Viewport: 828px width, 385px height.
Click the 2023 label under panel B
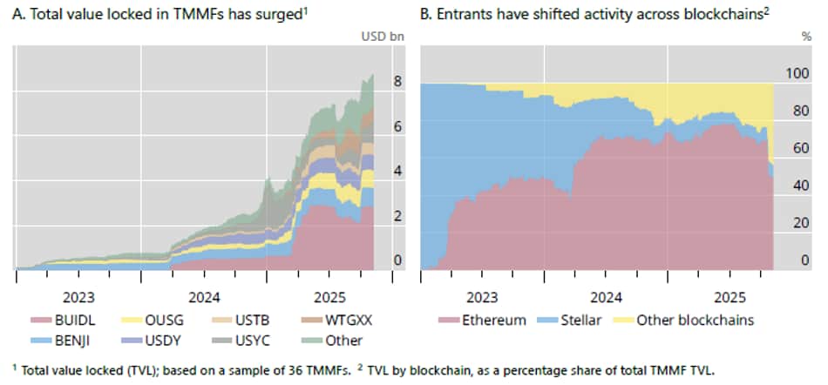pyautogui.click(x=483, y=295)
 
